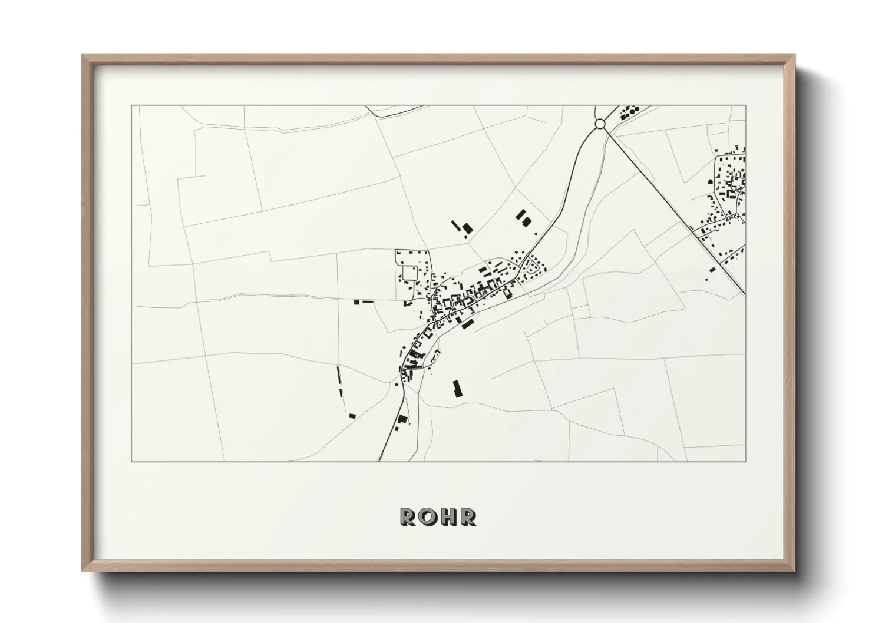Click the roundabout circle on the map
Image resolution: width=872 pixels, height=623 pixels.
(x=600, y=124)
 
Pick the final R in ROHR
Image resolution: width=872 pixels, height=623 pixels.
(x=469, y=516)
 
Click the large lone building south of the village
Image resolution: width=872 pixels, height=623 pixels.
(x=457, y=388)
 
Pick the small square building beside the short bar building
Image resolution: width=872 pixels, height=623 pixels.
(x=356, y=302)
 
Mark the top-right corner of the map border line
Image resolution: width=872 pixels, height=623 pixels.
(x=745, y=105)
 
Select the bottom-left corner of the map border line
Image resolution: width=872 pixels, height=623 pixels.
(x=131, y=461)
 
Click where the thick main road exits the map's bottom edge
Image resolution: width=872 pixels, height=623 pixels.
(x=379, y=460)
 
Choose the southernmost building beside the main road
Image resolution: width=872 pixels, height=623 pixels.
(x=403, y=419)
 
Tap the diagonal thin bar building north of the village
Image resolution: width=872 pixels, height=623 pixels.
(x=455, y=224)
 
